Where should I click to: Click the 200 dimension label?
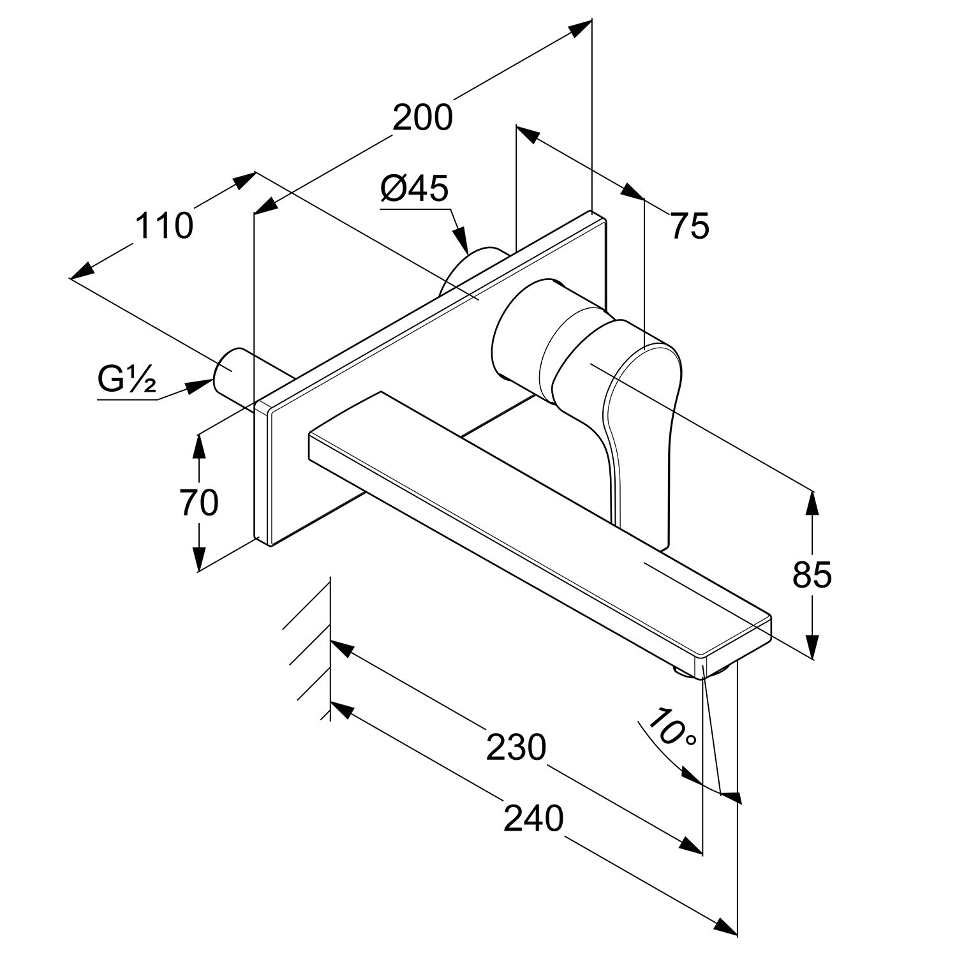422,117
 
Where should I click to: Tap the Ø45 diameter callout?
415,189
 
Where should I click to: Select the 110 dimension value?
164,226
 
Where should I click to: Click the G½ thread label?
127,381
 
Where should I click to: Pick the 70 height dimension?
199,502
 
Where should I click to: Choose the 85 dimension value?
812,575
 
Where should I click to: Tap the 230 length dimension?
516,748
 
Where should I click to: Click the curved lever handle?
641,408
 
